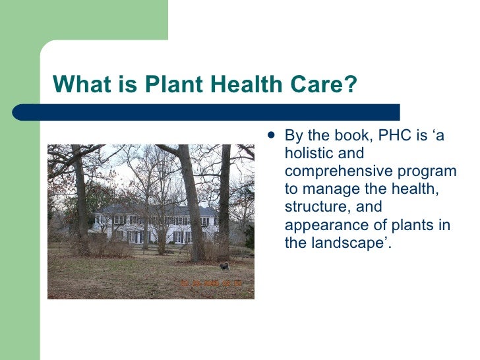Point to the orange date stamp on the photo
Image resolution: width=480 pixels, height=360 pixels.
tap(211, 284)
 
